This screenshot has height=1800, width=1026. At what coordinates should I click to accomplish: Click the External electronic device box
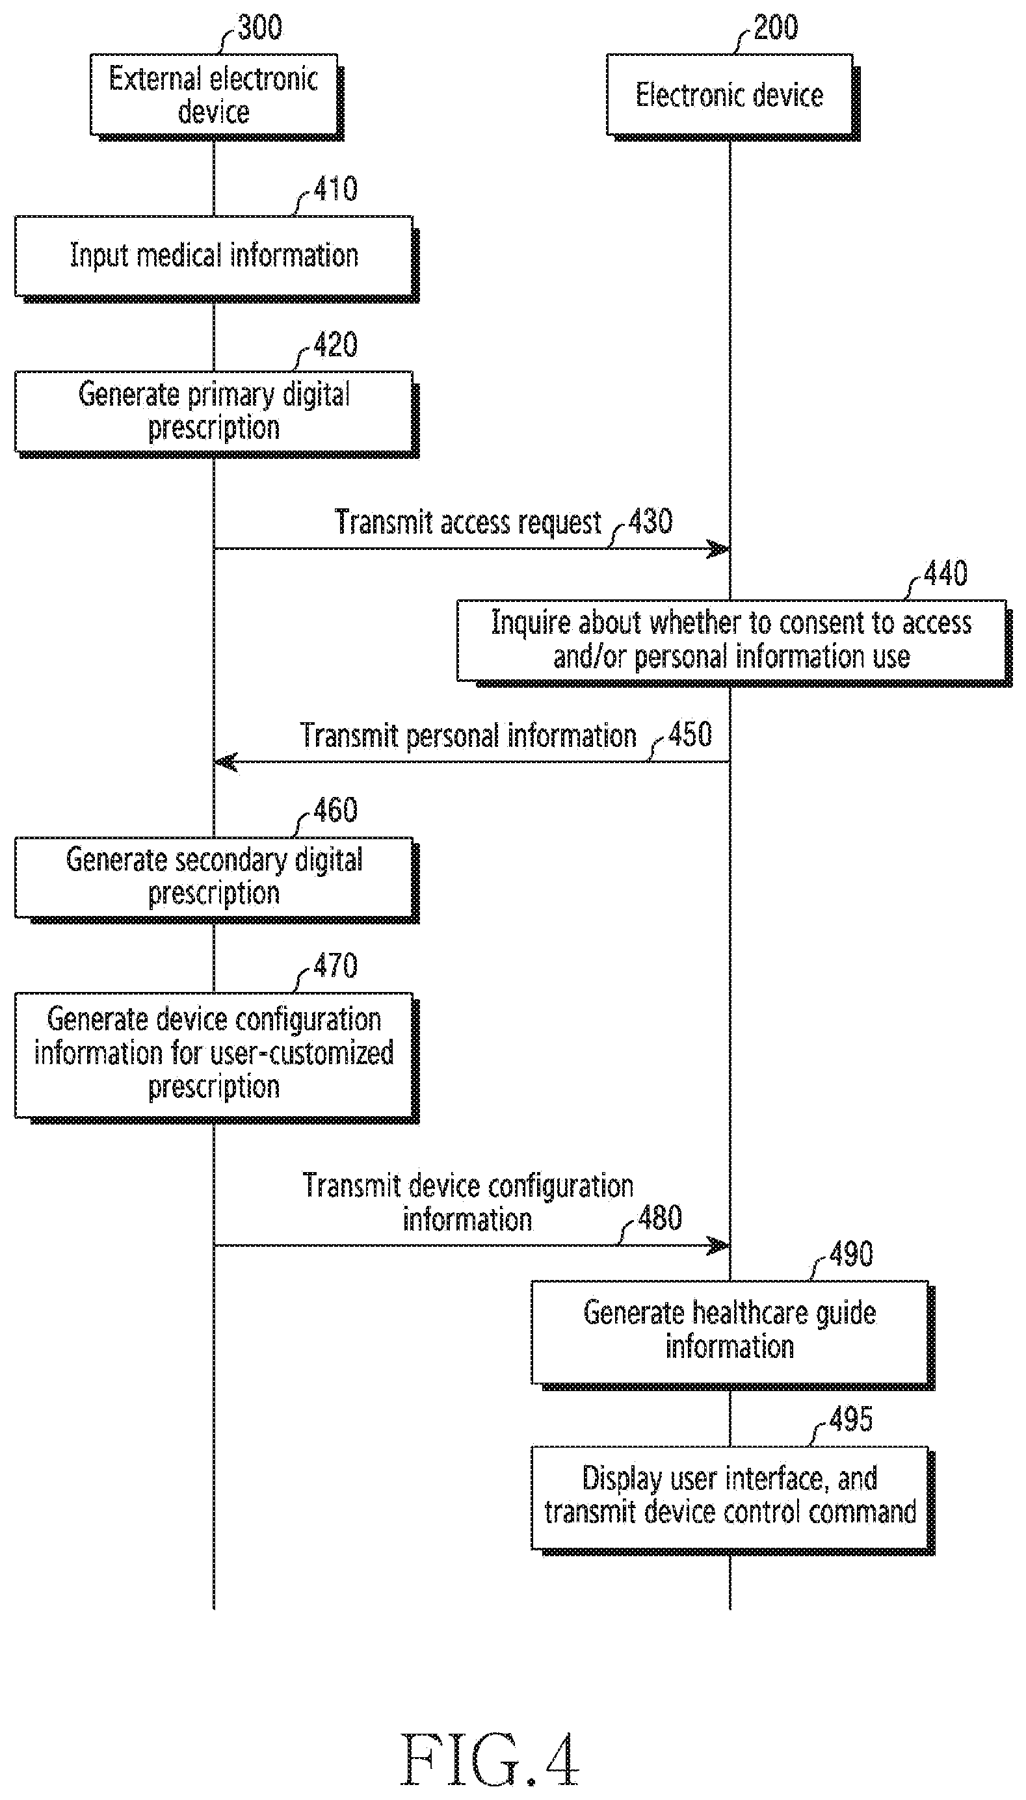coord(217,96)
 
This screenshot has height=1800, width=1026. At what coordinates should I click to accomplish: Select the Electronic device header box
coord(733,96)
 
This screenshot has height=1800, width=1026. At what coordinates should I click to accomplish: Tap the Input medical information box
coord(217,259)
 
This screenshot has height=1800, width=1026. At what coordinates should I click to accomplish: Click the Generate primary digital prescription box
coord(217,414)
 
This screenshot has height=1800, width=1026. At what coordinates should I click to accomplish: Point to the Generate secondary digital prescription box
coord(217,880)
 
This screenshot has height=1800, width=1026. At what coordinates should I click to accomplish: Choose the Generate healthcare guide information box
coord(733,1335)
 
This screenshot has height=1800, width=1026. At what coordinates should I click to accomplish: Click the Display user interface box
coord(733,1500)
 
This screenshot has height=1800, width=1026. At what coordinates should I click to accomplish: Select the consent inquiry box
coord(734,643)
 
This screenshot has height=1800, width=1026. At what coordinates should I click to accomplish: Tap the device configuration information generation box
coord(217,1058)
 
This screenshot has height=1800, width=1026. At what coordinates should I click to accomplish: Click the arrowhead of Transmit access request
coord(718,549)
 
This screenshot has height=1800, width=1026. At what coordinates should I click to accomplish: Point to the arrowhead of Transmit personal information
coord(226,763)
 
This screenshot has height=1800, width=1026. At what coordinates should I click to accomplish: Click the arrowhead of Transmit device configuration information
coord(718,1246)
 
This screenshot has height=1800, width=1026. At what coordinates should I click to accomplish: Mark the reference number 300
coord(259,27)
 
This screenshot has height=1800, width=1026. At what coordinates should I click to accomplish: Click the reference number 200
coord(775,27)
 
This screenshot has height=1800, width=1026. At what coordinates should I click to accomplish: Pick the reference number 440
coord(945,573)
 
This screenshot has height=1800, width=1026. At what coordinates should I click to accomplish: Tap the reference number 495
coord(850,1419)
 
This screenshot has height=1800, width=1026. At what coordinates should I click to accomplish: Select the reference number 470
coord(335,965)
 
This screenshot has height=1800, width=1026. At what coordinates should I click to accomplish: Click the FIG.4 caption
coord(490,1759)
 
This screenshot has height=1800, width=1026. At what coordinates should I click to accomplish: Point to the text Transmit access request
coord(468,522)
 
